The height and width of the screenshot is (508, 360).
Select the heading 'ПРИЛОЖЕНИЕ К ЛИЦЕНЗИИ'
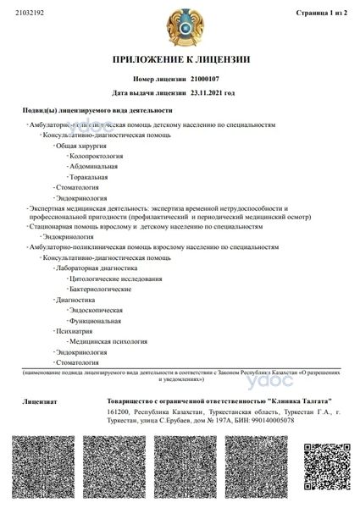pos(180,58)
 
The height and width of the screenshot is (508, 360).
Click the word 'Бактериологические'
pos(101,289)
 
